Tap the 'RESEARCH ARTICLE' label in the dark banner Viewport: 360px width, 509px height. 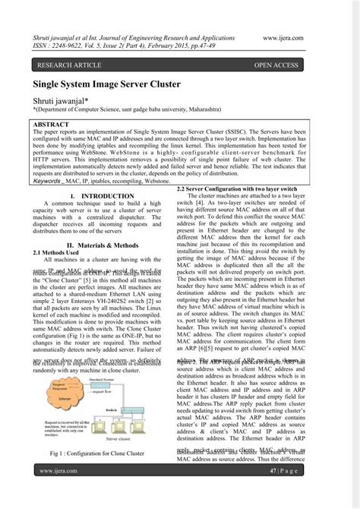click(71, 65)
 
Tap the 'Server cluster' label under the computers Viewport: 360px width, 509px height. click(135, 438)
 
